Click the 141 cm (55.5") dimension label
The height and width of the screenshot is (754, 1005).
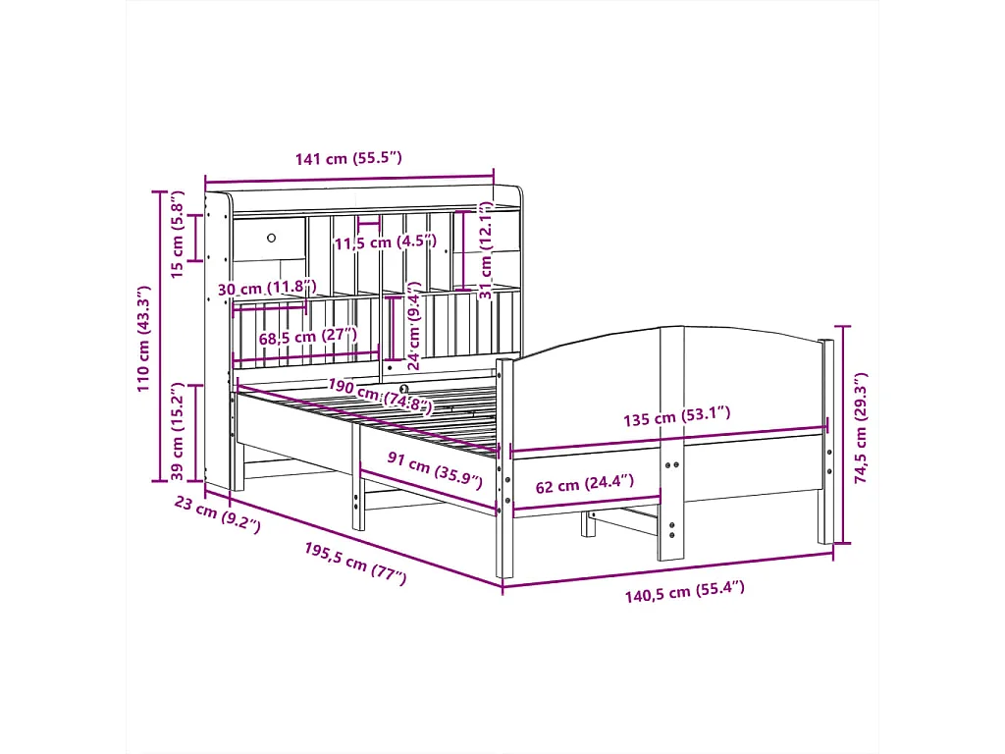point(349,158)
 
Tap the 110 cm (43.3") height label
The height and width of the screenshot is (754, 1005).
point(143,339)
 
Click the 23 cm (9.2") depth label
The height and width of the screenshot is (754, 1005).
point(217,513)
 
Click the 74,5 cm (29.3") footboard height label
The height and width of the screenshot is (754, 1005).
point(861,429)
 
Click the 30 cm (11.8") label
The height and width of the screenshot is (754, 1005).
point(267,289)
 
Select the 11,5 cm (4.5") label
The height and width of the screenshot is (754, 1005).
point(378,243)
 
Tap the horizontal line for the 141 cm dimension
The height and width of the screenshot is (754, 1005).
point(349,177)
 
